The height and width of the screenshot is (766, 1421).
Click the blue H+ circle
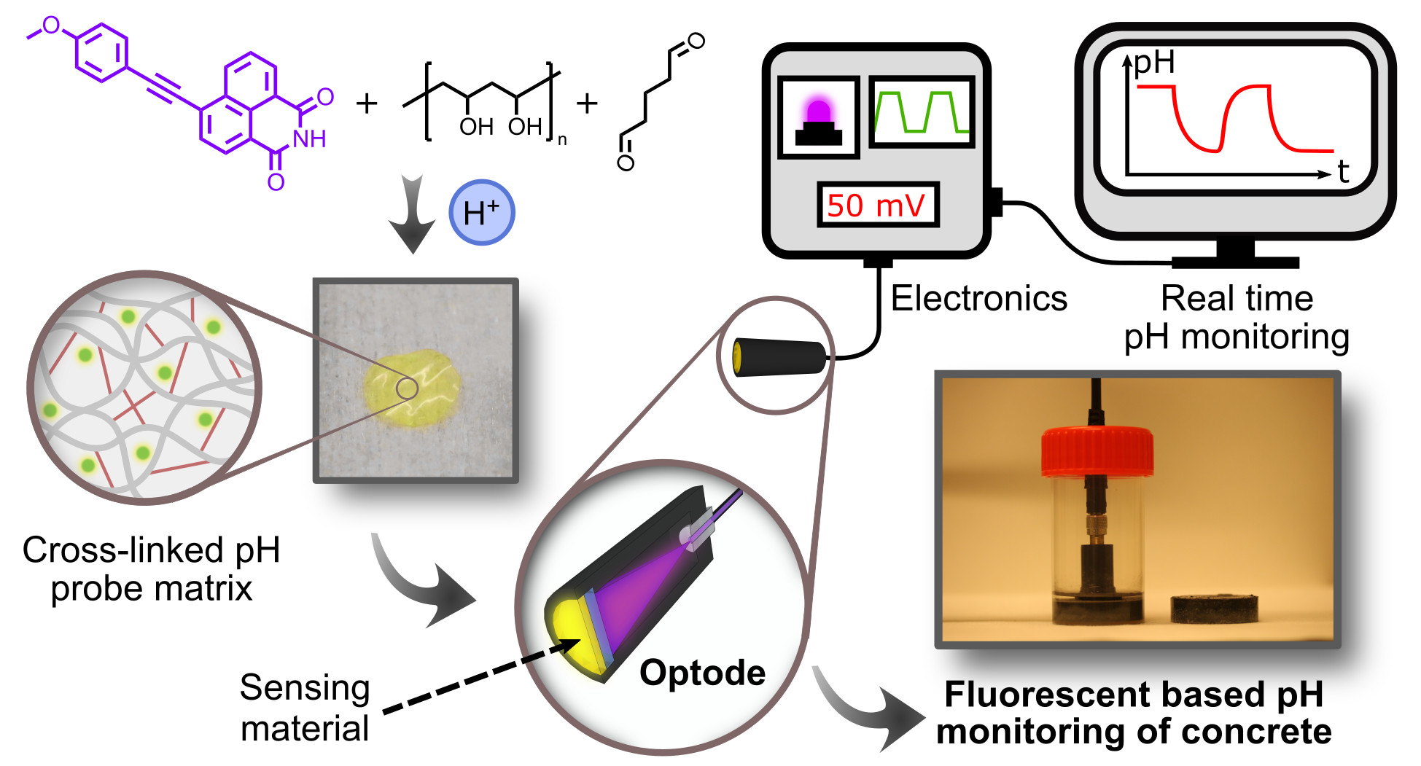[481, 212]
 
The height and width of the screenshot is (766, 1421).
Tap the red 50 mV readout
[876, 206]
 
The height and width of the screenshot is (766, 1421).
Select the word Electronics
[979, 298]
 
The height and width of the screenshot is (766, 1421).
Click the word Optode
[702, 673]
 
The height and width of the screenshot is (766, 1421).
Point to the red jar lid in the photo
[1097, 450]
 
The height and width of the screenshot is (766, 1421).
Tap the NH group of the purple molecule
[309, 139]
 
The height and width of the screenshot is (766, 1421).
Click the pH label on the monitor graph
[1154, 63]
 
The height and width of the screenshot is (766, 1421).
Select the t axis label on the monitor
[1343, 172]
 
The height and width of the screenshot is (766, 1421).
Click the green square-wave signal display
[922, 112]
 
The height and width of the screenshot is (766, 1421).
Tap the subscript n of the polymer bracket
[562, 140]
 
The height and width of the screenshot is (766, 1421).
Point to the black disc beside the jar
[1214, 609]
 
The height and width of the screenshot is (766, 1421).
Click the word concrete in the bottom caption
[1248, 731]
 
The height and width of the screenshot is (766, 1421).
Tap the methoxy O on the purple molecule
[51, 26]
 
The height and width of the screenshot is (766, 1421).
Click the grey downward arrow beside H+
[412, 214]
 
